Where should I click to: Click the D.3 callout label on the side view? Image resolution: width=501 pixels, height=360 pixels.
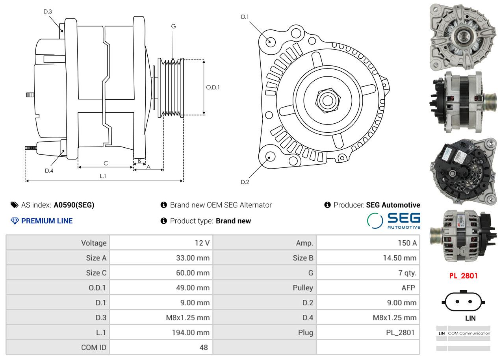(48, 11)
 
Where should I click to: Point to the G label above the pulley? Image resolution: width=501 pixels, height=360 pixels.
(173, 26)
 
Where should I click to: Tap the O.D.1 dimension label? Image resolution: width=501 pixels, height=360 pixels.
(213, 87)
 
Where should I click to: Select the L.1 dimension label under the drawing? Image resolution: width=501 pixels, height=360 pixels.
(103, 176)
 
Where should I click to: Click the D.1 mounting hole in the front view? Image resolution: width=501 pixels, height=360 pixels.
(271, 41)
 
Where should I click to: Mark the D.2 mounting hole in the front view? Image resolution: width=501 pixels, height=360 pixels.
(270, 156)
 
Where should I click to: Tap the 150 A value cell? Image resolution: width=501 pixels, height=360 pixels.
(407, 243)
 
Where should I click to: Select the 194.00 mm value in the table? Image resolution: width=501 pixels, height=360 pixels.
(190, 332)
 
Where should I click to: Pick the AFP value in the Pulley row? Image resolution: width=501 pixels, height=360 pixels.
(408, 288)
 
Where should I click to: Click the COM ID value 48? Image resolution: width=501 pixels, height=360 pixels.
(203, 347)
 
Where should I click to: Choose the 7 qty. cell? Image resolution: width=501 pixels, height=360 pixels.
(407, 273)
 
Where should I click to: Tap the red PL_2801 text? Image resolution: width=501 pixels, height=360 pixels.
(463, 276)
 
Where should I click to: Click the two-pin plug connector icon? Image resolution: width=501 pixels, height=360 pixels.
(463, 302)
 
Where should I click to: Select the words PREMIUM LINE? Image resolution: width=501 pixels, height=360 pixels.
(47, 221)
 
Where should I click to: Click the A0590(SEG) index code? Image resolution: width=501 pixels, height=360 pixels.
(74, 205)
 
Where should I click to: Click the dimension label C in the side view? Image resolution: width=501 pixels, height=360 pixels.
(106, 163)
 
